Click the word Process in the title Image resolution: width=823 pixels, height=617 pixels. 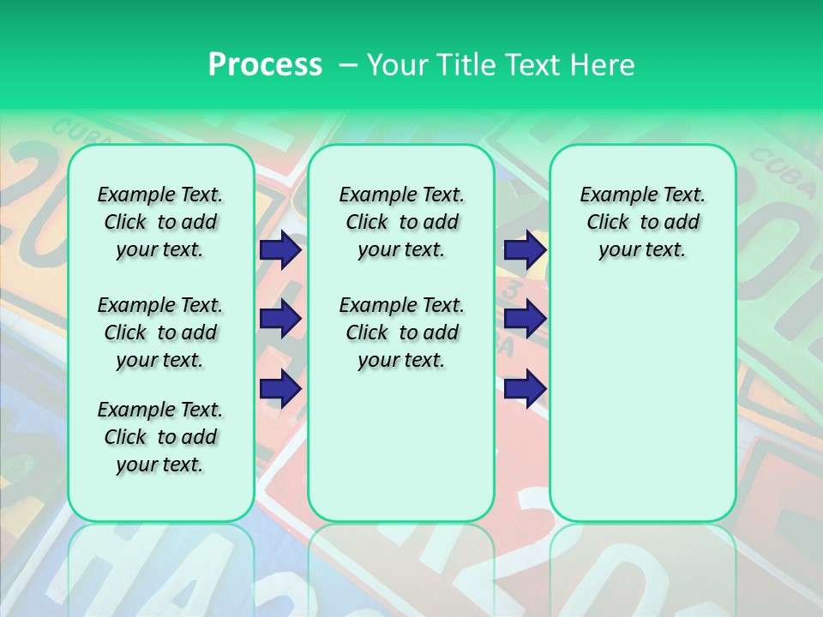pos(265,64)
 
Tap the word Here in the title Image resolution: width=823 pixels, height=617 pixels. pos(602,64)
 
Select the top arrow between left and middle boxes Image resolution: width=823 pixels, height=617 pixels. pos(279,250)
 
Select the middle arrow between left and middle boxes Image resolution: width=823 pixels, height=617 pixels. pos(279,319)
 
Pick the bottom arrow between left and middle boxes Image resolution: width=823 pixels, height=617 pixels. pos(279,389)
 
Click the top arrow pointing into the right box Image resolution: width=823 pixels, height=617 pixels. pos(525,250)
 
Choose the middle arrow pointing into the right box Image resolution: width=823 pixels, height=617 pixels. pos(525,319)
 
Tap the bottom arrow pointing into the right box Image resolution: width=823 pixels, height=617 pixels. pos(525,389)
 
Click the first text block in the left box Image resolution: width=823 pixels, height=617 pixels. pos(160,222)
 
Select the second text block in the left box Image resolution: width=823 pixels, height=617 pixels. pos(160,332)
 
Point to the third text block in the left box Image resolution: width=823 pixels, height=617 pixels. pos(160,437)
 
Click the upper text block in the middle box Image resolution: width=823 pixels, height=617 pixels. pos(401,222)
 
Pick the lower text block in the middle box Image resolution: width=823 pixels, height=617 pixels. pos(401,332)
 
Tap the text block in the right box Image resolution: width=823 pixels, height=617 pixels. pos(642,222)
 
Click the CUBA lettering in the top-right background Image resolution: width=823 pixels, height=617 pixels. pos(782,171)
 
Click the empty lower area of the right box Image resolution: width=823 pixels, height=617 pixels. pos(642,403)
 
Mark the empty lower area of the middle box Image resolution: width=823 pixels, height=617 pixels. pos(401,446)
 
